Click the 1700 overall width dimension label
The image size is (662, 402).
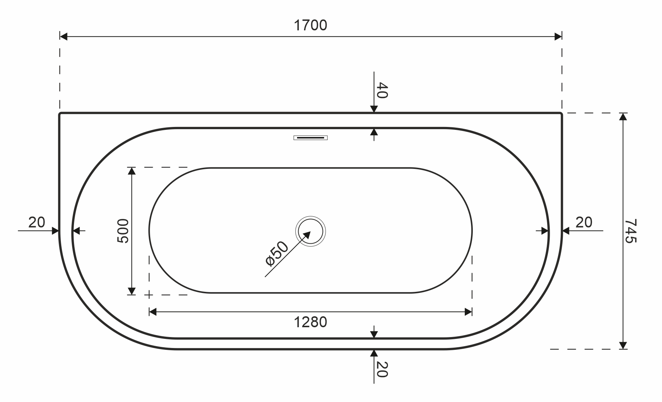click(x=311, y=25)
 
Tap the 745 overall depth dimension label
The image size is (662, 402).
click(x=630, y=231)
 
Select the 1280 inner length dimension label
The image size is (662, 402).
click(x=311, y=322)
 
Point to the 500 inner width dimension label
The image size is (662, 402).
click(x=123, y=231)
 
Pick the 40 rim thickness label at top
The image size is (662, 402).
click(x=382, y=90)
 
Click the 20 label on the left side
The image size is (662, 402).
click(x=36, y=222)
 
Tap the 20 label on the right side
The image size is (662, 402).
click(x=584, y=222)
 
